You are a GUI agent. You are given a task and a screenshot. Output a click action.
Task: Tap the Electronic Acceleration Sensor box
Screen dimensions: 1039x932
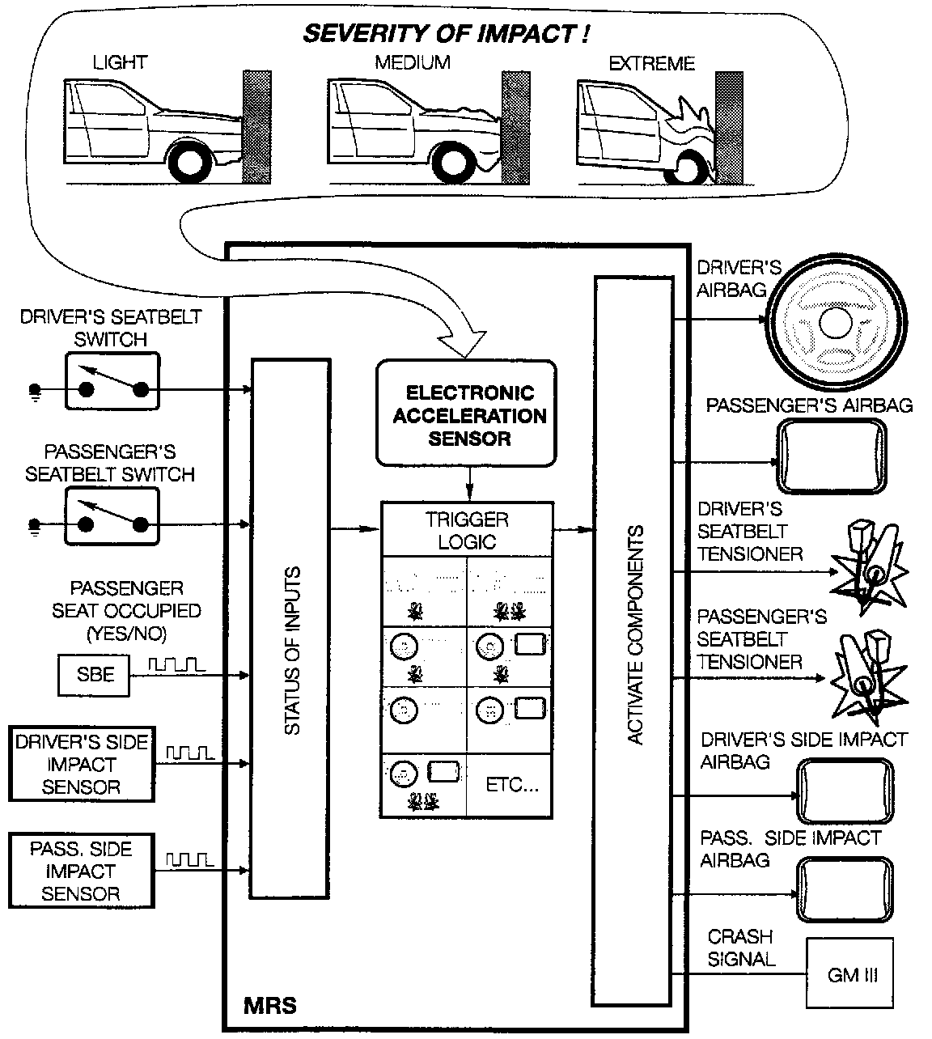pyautogui.click(x=467, y=415)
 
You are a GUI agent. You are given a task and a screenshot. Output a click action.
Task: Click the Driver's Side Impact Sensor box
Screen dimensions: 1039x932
pyautogui.click(x=82, y=765)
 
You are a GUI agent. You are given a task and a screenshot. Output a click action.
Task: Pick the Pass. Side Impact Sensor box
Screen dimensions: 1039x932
pyautogui.click(x=81, y=871)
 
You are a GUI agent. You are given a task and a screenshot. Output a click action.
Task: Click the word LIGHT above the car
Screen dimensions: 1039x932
pyautogui.click(x=120, y=62)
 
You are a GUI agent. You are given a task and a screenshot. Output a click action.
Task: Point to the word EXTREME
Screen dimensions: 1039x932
pyautogui.click(x=651, y=63)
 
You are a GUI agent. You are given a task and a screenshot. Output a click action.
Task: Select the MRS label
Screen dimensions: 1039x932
pyautogui.click(x=270, y=1007)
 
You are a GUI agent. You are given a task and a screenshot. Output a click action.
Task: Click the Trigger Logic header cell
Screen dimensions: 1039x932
pyautogui.click(x=468, y=530)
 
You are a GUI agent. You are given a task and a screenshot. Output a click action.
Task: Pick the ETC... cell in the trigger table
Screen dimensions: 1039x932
pyautogui.click(x=511, y=784)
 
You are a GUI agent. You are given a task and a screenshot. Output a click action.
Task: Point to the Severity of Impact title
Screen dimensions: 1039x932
pyautogui.click(x=445, y=34)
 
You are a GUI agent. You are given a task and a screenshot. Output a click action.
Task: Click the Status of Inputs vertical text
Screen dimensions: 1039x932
pyautogui.click(x=292, y=651)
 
